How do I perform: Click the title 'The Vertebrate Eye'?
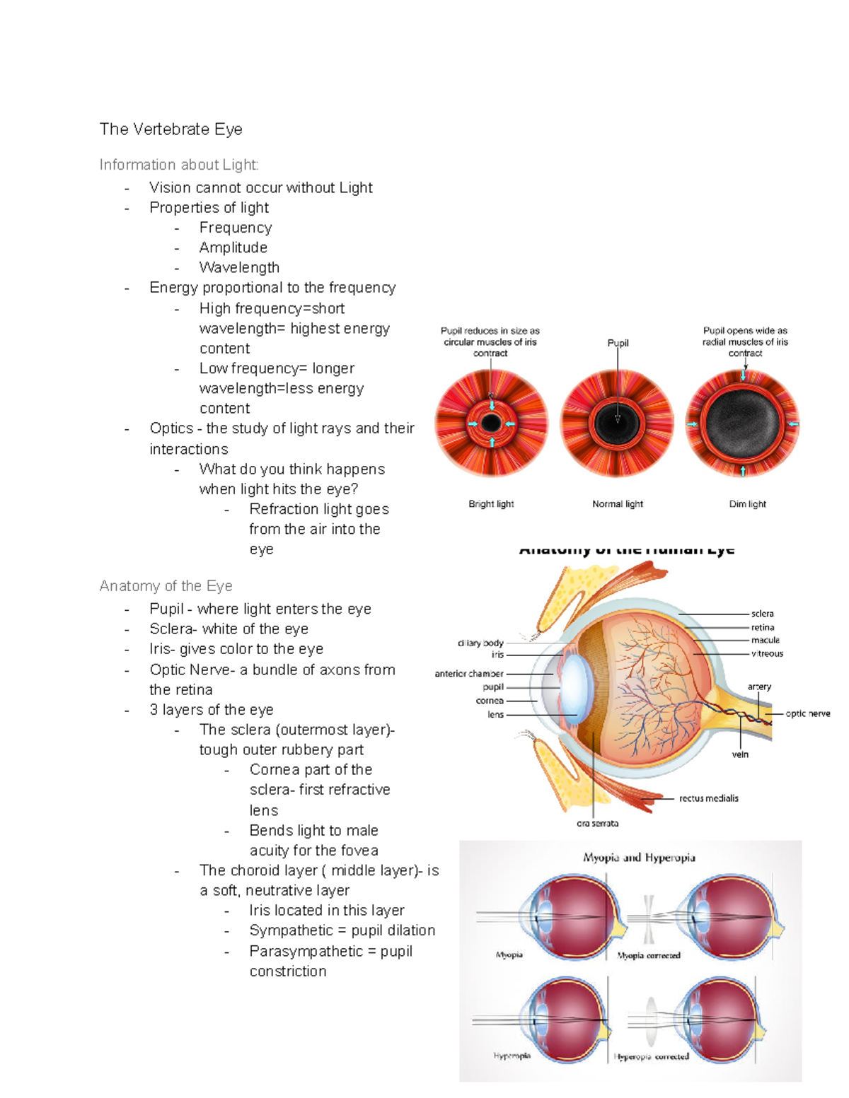[x=171, y=129]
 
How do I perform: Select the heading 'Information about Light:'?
[x=179, y=165]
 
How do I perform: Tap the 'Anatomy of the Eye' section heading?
[x=166, y=586]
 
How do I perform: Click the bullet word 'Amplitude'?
[x=233, y=247]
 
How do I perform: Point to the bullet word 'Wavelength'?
[x=239, y=267]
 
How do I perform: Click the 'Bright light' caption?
[x=491, y=504]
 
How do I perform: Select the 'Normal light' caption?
[x=618, y=504]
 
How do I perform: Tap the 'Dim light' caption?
[x=747, y=504]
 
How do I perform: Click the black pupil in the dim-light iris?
[x=743, y=424]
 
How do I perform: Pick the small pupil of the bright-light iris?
[x=492, y=424]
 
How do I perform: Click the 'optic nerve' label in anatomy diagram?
[x=807, y=713]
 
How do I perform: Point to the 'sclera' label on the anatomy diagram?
[x=762, y=614]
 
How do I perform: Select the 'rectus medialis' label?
[x=708, y=798]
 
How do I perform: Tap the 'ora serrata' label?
[x=597, y=823]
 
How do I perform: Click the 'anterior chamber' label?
[x=469, y=674]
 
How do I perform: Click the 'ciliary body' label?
[x=480, y=643]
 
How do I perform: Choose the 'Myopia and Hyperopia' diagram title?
[x=639, y=858]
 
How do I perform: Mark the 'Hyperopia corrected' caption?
[x=652, y=1057]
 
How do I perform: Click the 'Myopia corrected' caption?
[x=649, y=955]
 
